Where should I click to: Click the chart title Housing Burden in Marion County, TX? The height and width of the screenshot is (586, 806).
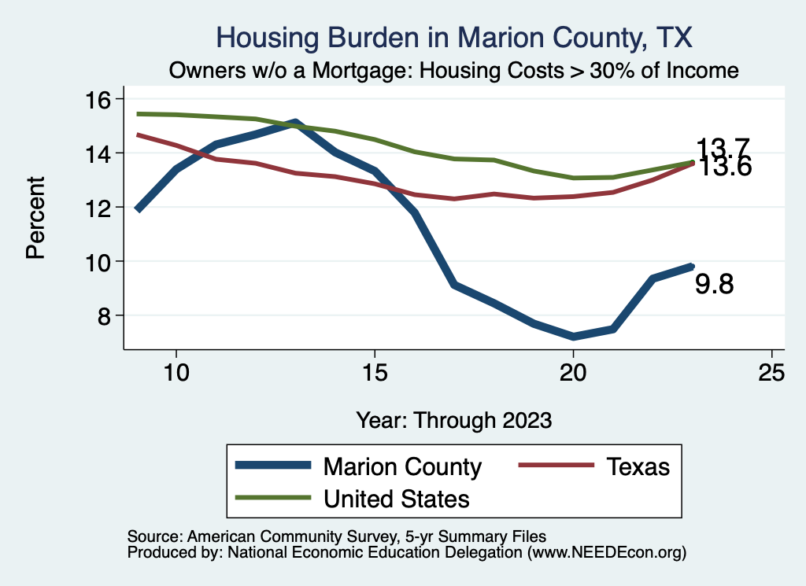coord(454,38)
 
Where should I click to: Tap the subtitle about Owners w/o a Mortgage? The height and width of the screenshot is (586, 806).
coord(454,71)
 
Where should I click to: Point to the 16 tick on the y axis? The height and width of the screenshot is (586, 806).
coord(100,99)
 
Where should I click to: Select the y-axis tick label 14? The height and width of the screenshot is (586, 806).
coord(100,153)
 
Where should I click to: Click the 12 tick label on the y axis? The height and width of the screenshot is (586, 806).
coord(100,207)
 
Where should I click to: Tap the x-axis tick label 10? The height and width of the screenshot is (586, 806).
coord(176,373)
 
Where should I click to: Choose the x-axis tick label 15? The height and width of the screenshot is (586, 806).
coord(375,373)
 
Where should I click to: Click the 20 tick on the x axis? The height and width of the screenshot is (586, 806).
coord(573,373)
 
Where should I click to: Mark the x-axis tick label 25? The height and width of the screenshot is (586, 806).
coord(771,373)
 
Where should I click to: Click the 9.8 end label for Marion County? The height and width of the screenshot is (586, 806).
coord(714,285)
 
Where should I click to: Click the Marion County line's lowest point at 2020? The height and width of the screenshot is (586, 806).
coord(574,337)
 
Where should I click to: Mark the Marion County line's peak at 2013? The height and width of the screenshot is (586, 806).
coord(295,123)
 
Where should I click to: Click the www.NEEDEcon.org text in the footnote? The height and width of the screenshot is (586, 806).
coord(605,553)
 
